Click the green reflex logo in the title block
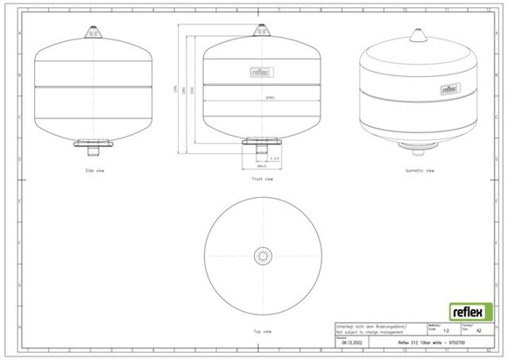(469, 311)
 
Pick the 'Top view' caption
(260, 332)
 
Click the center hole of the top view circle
(262, 256)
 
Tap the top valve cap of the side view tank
(92, 32)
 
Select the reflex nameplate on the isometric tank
(449, 88)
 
